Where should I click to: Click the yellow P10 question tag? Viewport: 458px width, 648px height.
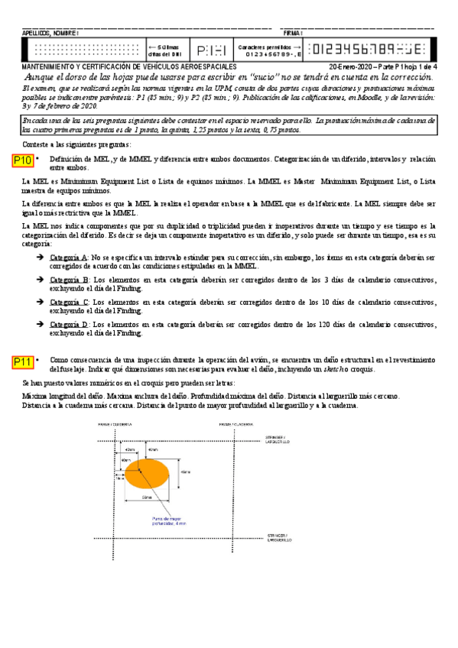coord(23,160)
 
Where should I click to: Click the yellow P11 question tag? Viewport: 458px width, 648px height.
coord(23,361)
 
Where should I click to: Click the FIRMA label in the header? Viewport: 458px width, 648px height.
coord(292,34)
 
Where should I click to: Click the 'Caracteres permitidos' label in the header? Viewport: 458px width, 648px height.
coord(264,47)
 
